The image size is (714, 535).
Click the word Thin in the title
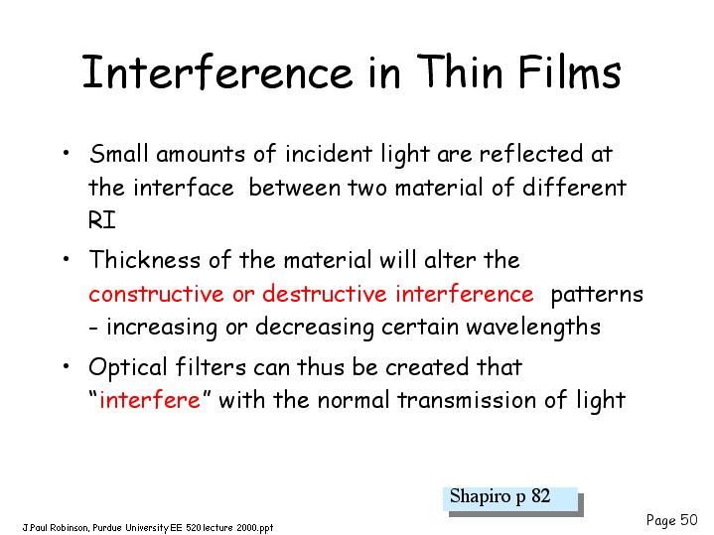(x=460, y=71)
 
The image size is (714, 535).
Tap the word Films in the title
(x=570, y=71)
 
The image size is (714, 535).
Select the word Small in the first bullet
(x=119, y=153)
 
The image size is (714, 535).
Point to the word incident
(x=329, y=154)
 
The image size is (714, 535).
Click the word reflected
(x=531, y=153)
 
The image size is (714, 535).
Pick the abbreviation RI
(x=102, y=220)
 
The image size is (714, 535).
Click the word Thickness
(x=144, y=260)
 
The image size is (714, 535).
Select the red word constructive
(x=156, y=294)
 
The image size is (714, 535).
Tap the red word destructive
(x=325, y=294)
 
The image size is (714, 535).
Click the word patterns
(x=597, y=295)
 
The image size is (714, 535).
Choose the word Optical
(x=128, y=368)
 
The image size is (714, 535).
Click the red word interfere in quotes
(x=150, y=401)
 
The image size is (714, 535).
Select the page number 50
(x=689, y=519)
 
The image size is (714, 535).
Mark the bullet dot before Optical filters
(x=67, y=365)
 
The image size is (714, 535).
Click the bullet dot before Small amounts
(x=67, y=152)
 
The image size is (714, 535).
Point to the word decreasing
(x=314, y=328)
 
